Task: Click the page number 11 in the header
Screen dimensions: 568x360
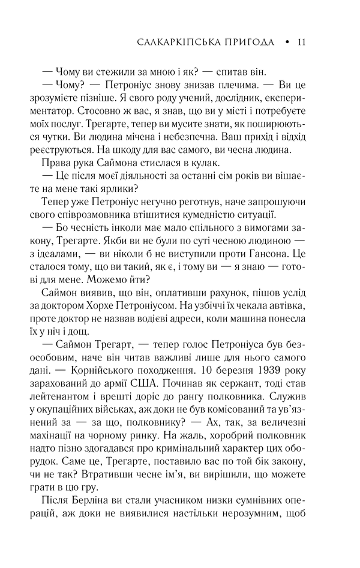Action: coord(302,43)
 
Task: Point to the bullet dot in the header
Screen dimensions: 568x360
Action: coord(287,43)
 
